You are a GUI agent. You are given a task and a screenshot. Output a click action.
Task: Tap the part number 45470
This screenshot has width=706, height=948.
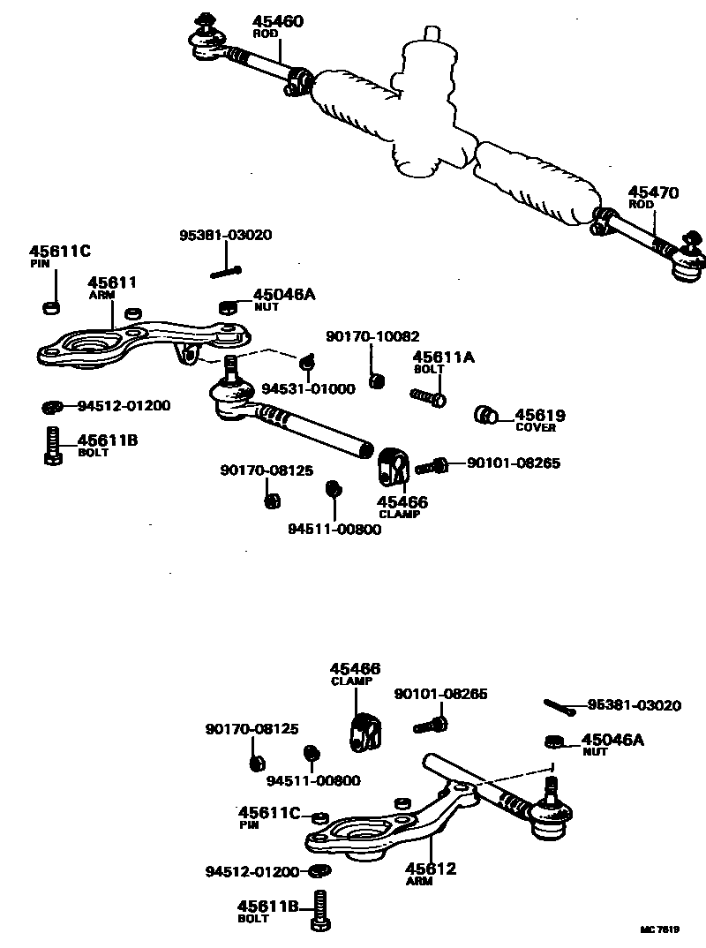(x=653, y=192)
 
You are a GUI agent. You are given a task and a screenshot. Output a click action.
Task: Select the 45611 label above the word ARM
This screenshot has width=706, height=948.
(x=111, y=282)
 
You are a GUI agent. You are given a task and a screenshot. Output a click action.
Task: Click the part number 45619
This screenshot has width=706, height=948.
(x=540, y=415)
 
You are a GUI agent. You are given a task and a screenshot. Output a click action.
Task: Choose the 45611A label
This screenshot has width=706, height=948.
(x=444, y=357)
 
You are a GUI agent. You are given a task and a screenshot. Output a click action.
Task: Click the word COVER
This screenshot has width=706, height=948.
(x=536, y=428)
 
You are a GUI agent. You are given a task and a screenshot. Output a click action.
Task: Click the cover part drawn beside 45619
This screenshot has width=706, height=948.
(x=484, y=414)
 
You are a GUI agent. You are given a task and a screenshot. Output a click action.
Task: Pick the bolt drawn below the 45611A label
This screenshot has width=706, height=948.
(x=428, y=395)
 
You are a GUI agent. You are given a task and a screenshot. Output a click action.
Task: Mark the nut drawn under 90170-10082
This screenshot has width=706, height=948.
(x=376, y=380)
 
